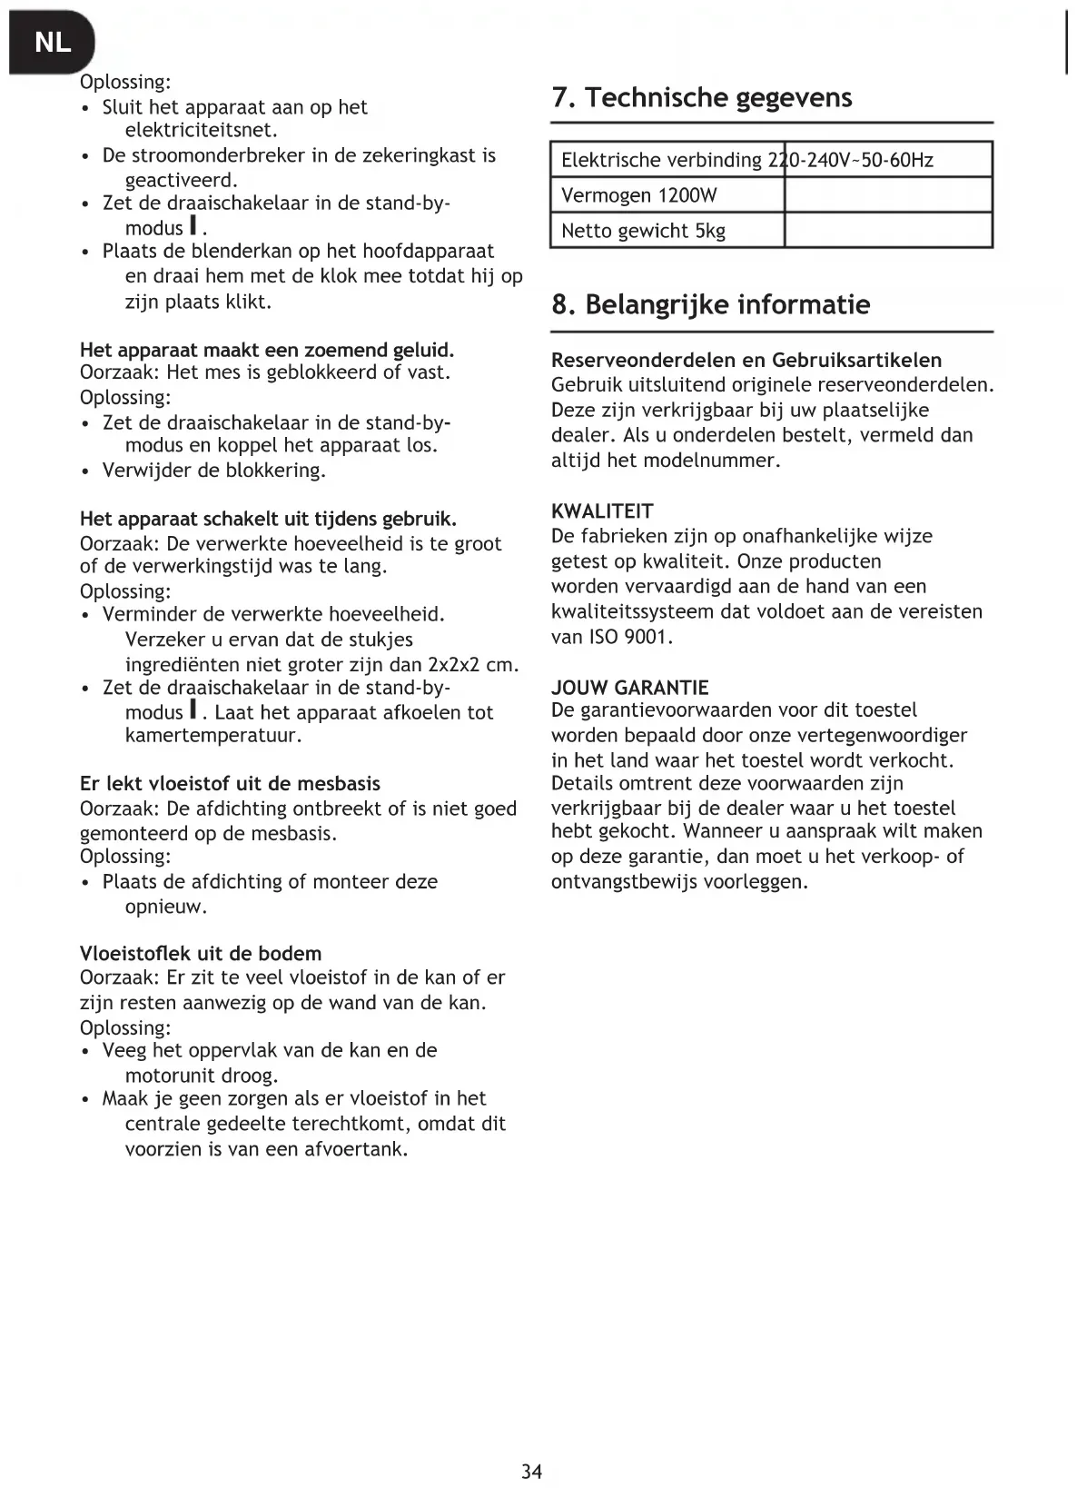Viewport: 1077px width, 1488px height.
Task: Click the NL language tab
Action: (52, 42)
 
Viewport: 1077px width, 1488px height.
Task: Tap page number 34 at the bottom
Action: (532, 1471)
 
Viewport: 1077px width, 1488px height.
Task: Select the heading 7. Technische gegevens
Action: (701, 97)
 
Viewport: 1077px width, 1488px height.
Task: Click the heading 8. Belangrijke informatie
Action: (710, 304)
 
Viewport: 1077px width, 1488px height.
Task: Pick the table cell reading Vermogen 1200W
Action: (638, 195)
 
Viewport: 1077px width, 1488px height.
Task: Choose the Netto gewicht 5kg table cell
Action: (643, 231)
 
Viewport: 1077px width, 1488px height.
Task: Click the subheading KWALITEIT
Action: (602, 511)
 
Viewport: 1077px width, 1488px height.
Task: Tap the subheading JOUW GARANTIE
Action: (629, 688)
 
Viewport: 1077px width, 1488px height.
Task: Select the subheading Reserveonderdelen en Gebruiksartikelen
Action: (746, 360)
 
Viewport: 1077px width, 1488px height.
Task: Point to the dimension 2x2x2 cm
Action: (472, 664)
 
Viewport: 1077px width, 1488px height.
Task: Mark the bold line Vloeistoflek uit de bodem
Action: (201, 954)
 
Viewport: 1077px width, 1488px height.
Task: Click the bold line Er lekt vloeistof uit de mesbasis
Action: (230, 784)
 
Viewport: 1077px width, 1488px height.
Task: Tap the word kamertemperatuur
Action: (212, 736)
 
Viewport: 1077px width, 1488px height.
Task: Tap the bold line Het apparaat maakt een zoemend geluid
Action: (267, 351)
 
